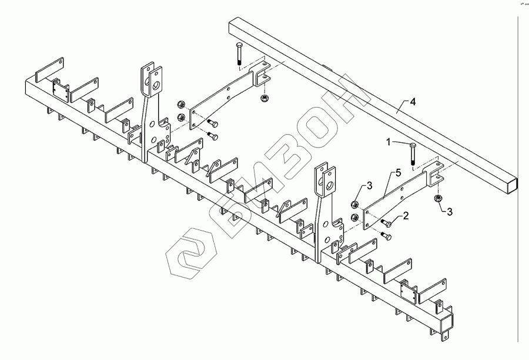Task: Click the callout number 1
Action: [x=389, y=142]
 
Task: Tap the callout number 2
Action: [x=406, y=217]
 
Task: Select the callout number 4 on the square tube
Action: [x=413, y=102]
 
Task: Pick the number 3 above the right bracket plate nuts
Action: [x=370, y=186]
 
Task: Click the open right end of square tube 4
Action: [x=514, y=184]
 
